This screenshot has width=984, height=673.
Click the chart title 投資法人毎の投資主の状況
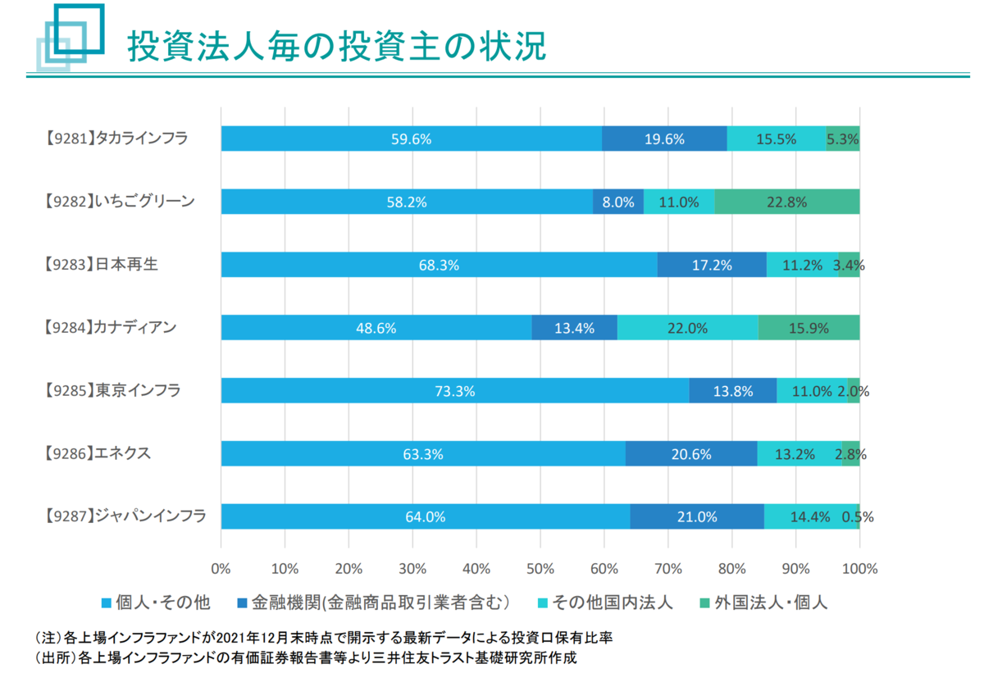point(336,47)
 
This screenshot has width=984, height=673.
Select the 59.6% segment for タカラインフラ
point(411,139)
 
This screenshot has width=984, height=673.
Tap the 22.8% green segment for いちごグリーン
point(787,202)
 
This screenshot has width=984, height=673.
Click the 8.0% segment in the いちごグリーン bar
point(618,202)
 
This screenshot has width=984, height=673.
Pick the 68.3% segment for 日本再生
point(439,265)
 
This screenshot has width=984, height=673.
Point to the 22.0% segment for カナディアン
point(687,328)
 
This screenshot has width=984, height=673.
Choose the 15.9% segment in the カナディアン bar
point(809,328)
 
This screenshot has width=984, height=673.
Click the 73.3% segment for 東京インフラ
point(455,391)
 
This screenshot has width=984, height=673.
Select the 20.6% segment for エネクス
point(691,453)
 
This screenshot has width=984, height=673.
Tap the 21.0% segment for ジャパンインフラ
point(697,516)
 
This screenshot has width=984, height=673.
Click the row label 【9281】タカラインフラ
point(116,139)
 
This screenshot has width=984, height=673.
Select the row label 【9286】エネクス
point(97,453)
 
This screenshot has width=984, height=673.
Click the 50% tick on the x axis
point(540,568)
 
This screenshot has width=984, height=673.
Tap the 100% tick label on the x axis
point(859,568)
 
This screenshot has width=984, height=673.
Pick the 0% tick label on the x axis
point(221,568)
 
